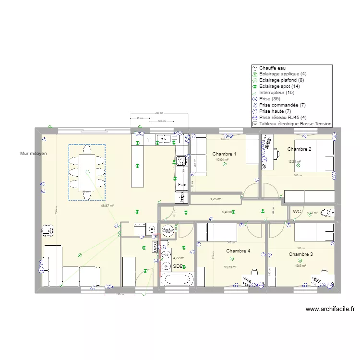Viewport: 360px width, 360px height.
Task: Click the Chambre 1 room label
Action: (x=224, y=154)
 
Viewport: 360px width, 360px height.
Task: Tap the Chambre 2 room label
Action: (x=300, y=149)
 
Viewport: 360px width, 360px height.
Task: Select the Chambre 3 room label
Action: (x=301, y=254)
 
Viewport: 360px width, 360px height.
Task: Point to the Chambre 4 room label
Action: (x=238, y=251)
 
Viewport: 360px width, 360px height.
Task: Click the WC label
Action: (x=297, y=211)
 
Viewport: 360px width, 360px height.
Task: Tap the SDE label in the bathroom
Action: (x=178, y=266)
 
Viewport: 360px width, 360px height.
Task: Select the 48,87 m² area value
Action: (x=107, y=205)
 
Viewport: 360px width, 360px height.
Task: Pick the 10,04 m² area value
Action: (x=223, y=160)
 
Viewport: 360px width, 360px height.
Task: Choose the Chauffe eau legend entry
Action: (x=272, y=68)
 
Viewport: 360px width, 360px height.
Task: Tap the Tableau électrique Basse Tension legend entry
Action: (x=295, y=124)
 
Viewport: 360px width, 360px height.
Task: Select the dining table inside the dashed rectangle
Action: (x=87, y=171)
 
